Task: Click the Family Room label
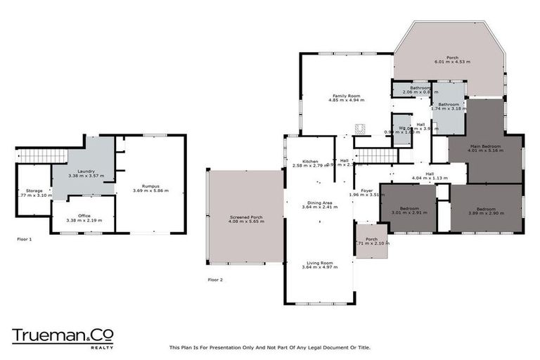345,96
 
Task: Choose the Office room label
84,215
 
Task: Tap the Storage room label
34,191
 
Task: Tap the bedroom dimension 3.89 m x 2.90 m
485,213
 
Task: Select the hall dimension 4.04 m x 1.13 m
428,179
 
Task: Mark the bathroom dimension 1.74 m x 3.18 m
449,109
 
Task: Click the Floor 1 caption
25,239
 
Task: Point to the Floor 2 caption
215,279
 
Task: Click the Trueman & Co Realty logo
63,336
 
